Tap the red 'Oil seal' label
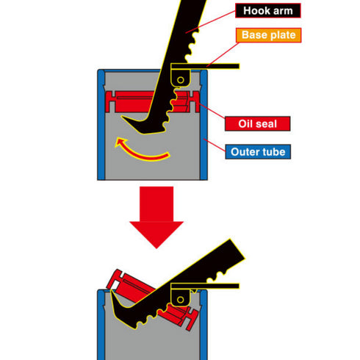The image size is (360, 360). coord(257,123)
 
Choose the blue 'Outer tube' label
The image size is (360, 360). coord(257,152)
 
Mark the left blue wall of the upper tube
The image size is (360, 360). coord(101,125)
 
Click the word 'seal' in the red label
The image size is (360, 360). coord(270,123)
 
